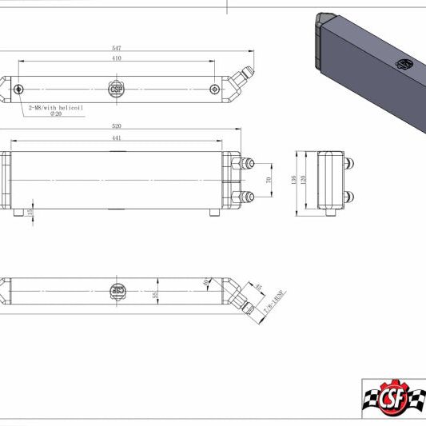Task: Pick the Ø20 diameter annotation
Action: tap(56, 113)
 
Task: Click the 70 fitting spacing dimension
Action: tap(269, 180)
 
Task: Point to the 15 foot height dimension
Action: tap(30, 212)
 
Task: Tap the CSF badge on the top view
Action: tap(117, 88)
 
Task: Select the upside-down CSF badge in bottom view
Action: tap(117, 290)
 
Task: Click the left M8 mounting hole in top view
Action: tap(18, 89)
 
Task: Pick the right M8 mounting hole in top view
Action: tap(214, 89)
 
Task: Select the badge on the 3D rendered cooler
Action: tap(405, 63)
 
